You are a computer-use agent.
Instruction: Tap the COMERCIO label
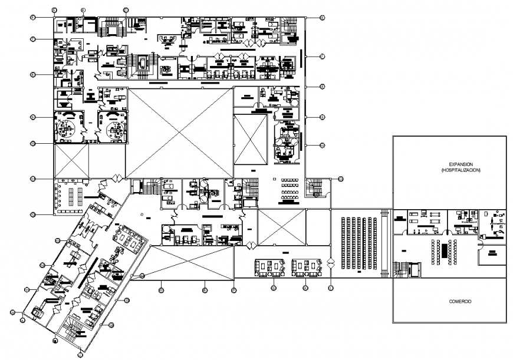pyautogui.click(x=459, y=301)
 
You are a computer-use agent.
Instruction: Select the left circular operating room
pyautogui.click(x=70, y=126)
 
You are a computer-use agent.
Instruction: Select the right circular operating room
pyautogui.click(x=112, y=126)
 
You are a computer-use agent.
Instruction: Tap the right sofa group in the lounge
pyautogui.click(x=306, y=266)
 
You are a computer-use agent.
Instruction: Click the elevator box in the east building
pyautogui.click(x=415, y=269)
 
